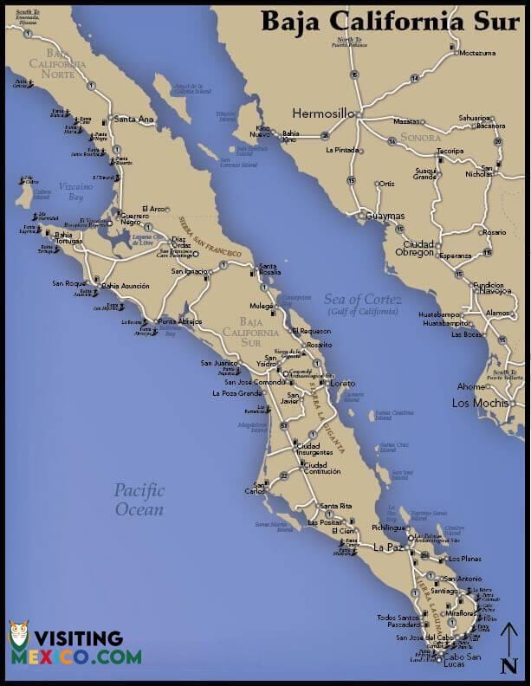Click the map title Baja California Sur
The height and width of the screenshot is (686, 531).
tap(392, 21)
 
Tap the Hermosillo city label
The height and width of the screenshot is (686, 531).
tap(323, 113)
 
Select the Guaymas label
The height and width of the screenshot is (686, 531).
tap(385, 216)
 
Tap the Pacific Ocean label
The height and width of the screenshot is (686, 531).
tap(139, 500)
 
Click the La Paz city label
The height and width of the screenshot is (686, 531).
tap(388, 547)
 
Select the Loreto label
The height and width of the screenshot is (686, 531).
tap(342, 382)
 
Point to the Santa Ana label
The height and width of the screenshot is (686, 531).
tap(133, 120)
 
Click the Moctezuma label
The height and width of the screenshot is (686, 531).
tap(478, 53)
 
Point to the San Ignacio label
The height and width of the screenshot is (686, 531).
tap(189, 271)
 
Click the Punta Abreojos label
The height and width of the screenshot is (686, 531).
tap(179, 321)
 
